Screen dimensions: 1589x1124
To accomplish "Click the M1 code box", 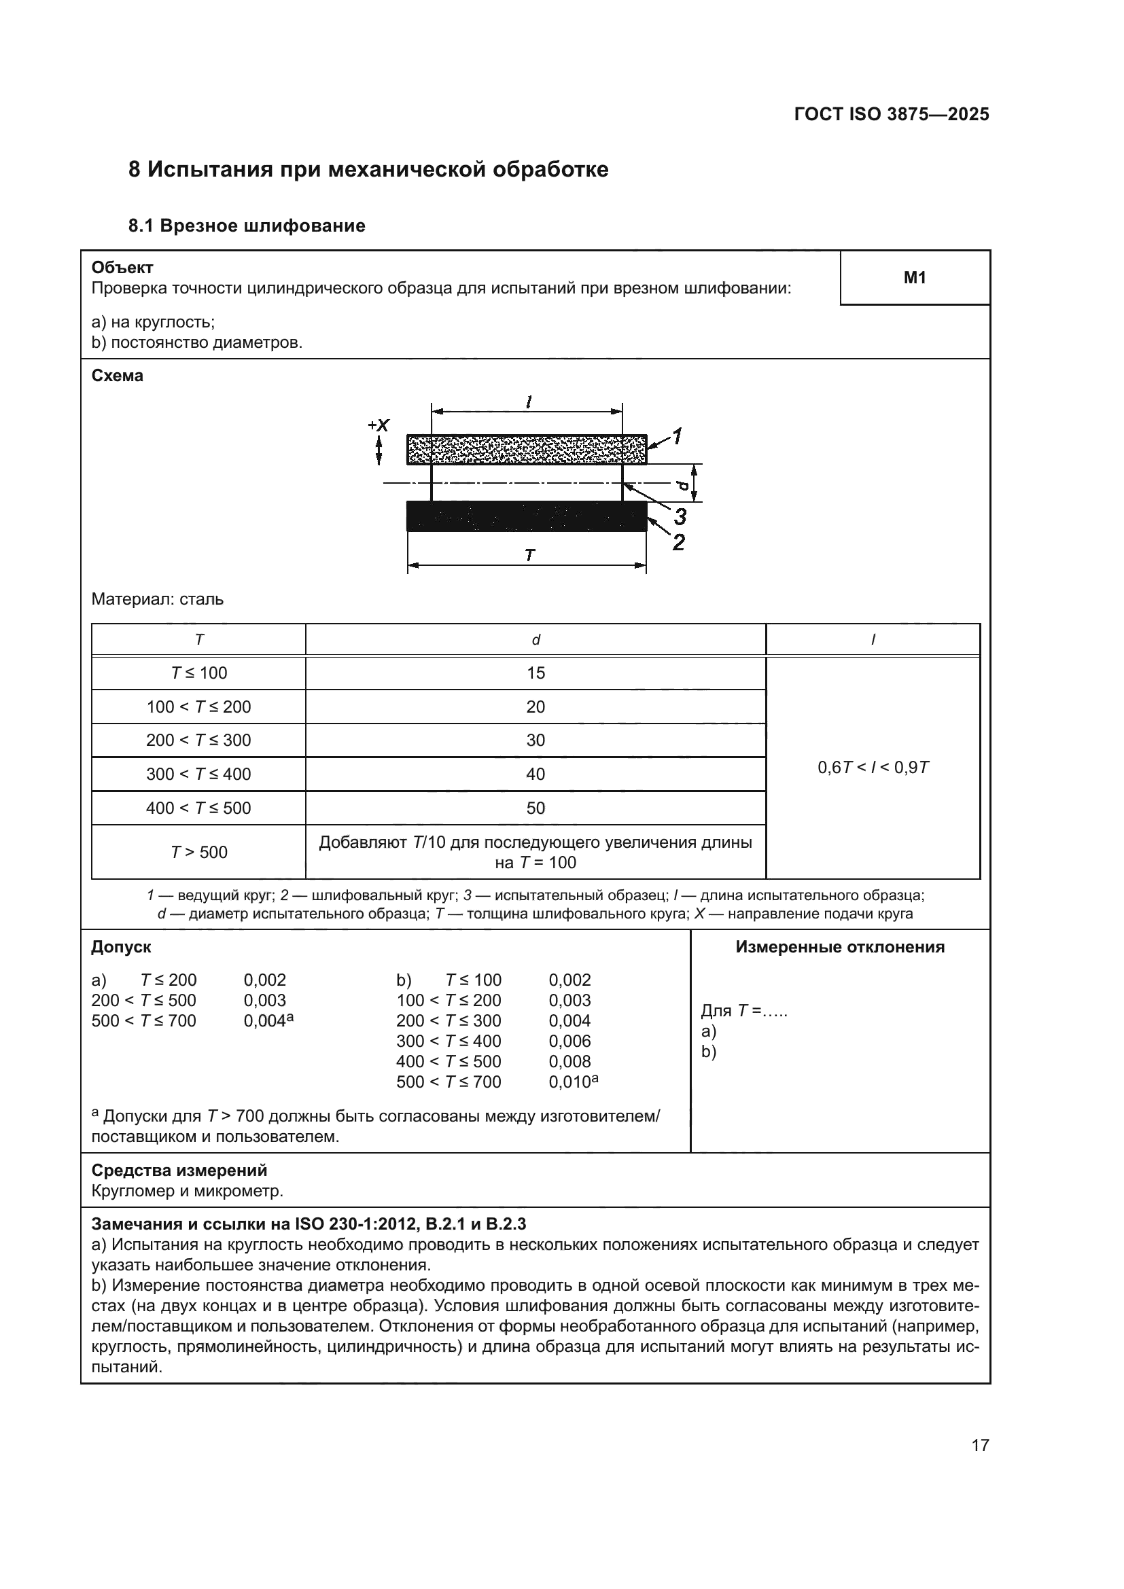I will tap(914, 278).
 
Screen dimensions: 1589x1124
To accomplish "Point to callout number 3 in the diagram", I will tap(680, 516).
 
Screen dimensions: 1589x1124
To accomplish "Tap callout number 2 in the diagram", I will tap(679, 543).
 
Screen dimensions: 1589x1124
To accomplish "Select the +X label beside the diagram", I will tap(379, 425).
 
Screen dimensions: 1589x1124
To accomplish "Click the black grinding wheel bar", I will tap(526, 516).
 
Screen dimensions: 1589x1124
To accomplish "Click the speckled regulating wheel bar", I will tap(526, 450).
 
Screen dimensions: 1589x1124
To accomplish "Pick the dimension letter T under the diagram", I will tap(529, 555).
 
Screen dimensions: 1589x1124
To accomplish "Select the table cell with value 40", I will tap(535, 774).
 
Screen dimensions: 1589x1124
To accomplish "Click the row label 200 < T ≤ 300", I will tap(198, 740).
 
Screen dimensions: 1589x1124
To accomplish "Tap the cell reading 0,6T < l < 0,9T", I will tap(873, 767).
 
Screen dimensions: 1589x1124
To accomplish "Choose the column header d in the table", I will tap(535, 640).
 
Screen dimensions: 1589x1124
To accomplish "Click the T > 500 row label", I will tap(198, 852).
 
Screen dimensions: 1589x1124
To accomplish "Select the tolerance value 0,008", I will tap(569, 1061).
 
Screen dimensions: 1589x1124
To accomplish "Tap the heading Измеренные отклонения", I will tap(839, 947).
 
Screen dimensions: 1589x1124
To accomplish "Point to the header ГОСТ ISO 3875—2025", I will tap(892, 114).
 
